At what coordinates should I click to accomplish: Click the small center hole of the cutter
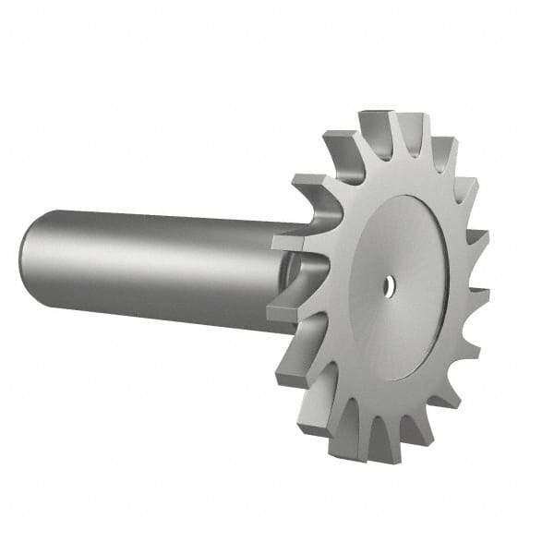point(390,286)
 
